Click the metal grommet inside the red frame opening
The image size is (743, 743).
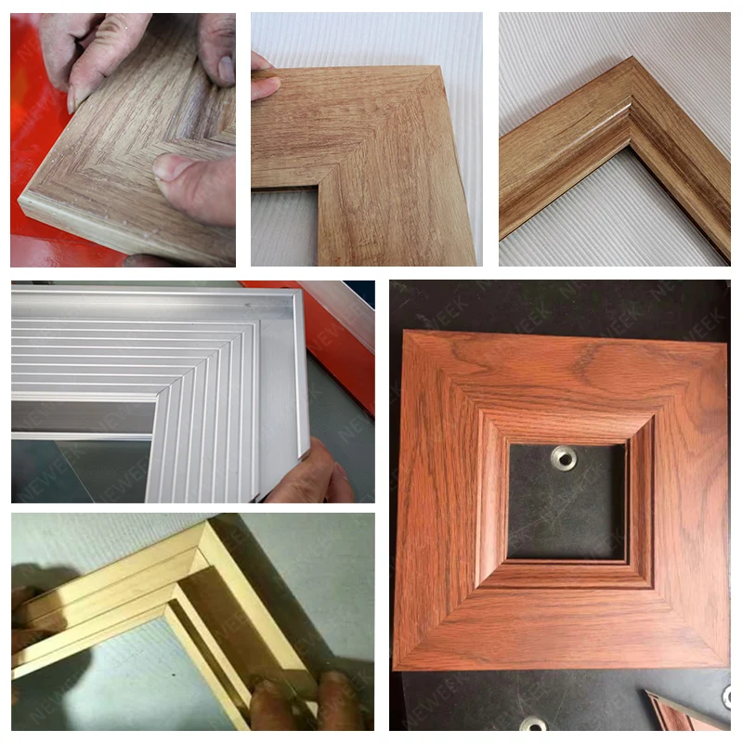[x=563, y=457]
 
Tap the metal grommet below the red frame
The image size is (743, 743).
[x=533, y=723]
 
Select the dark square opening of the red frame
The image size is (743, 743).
[x=567, y=502]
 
